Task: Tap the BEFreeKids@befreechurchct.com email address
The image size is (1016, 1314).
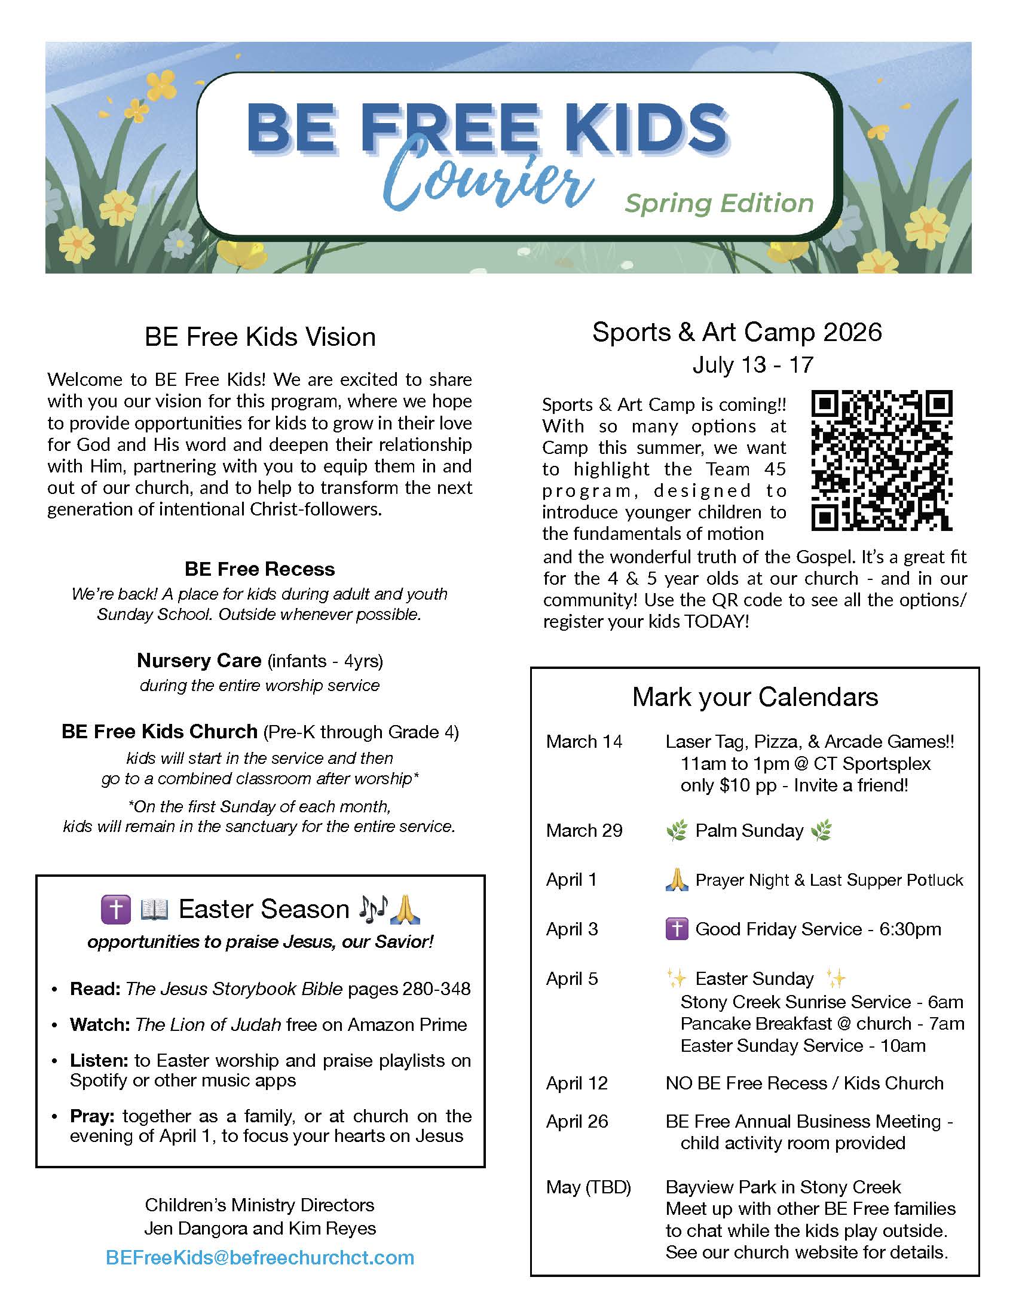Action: pyautogui.click(x=260, y=1257)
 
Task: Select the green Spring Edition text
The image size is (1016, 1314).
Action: pyautogui.click(x=718, y=203)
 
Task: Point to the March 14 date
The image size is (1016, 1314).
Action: pyautogui.click(x=584, y=741)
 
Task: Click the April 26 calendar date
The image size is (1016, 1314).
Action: pyautogui.click(x=577, y=1121)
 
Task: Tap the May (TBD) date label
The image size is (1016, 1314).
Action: pyautogui.click(x=588, y=1187)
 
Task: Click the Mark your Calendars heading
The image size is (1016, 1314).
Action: pyautogui.click(x=755, y=696)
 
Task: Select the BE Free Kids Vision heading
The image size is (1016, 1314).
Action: pyautogui.click(x=260, y=337)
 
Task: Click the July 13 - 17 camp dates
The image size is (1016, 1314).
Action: pyautogui.click(x=752, y=364)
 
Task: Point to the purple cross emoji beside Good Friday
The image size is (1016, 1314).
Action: pyautogui.click(x=677, y=929)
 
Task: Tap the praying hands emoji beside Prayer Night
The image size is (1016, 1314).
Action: pyautogui.click(x=677, y=880)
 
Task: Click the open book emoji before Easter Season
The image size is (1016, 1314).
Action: pyautogui.click(x=154, y=909)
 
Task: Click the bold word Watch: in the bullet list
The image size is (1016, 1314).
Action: pyautogui.click(x=100, y=1024)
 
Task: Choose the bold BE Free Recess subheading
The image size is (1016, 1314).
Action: pyautogui.click(x=259, y=569)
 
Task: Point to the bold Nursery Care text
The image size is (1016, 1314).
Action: pyautogui.click(x=198, y=660)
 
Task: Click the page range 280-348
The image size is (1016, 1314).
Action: pyautogui.click(x=436, y=988)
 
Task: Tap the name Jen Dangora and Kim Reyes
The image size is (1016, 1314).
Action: pyautogui.click(x=260, y=1228)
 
